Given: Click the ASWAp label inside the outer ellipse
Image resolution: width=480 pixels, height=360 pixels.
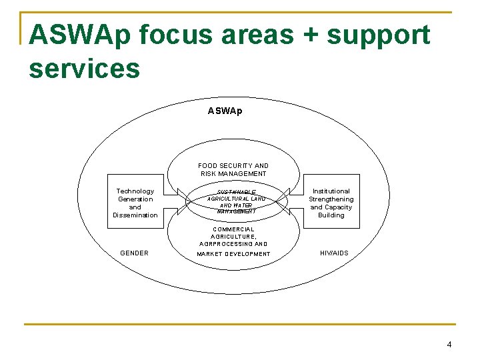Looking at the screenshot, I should click(225, 111).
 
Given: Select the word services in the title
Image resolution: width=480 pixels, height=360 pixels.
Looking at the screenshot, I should click(85, 68).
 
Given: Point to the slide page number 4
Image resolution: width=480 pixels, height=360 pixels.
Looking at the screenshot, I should click(449, 345).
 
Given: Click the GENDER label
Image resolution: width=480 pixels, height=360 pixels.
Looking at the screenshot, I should click(135, 253).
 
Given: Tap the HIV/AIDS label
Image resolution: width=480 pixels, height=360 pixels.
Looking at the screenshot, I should click(334, 253).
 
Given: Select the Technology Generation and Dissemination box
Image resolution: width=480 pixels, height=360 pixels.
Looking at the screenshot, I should click(135, 203).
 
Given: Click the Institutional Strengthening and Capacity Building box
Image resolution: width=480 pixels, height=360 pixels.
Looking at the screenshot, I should click(331, 203).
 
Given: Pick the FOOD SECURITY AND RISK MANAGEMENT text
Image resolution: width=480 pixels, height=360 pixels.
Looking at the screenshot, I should click(233, 170).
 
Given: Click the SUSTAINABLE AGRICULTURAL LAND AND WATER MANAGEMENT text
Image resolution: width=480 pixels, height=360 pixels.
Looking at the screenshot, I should click(236, 202).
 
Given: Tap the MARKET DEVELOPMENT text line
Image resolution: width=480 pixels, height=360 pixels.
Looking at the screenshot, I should click(233, 254).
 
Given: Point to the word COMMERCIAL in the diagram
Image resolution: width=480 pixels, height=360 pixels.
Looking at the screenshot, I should click(233, 229).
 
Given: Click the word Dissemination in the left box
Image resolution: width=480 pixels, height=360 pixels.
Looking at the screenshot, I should click(135, 215).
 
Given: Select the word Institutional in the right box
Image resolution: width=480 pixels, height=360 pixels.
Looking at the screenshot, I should click(331, 191).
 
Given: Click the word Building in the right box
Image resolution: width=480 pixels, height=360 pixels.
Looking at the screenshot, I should click(331, 215).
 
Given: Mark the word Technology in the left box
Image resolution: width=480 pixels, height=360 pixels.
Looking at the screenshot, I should click(135, 191).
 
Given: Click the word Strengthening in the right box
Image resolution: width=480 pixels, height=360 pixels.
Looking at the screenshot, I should click(331, 199).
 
